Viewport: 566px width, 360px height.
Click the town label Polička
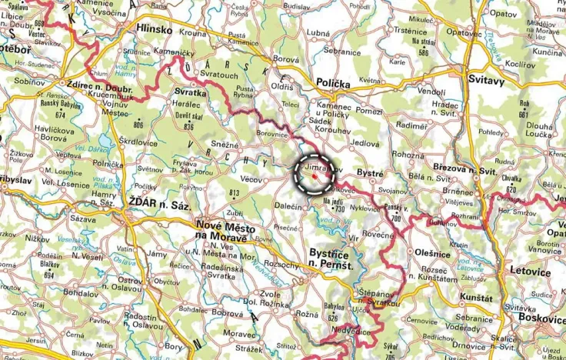(331, 83)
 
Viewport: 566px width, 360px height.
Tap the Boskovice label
(536, 315)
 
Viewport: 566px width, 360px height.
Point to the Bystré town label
(371, 175)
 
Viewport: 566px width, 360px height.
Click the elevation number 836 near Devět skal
(189, 127)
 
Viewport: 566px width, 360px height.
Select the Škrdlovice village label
(138, 142)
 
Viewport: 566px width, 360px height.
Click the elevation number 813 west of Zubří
(235, 192)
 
